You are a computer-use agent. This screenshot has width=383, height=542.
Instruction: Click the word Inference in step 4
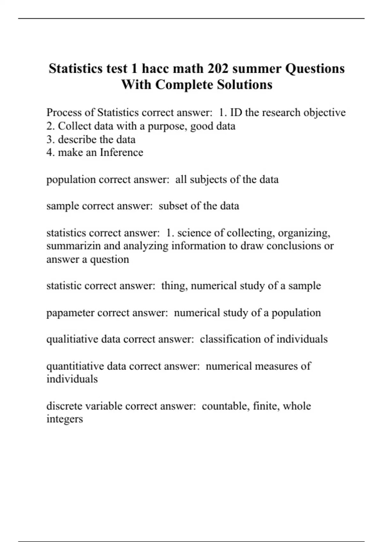tap(121, 152)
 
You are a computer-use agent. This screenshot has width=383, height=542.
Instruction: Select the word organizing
tap(304, 233)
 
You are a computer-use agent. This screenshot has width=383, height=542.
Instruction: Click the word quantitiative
tap(75, 366)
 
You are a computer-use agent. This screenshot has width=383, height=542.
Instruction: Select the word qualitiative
tap(72, 339)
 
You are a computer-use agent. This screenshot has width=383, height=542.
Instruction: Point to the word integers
tap(64, 419)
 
